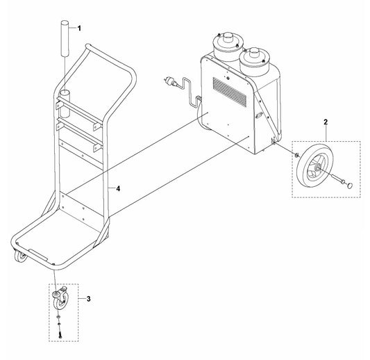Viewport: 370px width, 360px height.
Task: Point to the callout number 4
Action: (x=119, y=187)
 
